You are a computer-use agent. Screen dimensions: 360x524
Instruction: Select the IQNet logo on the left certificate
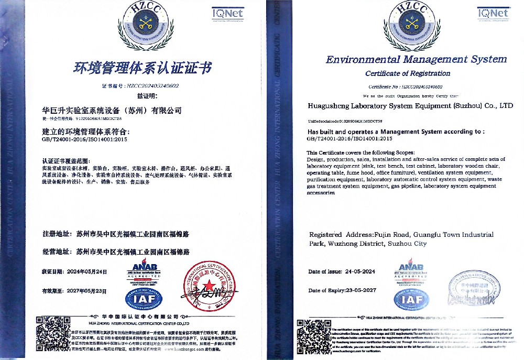tap(227, 13)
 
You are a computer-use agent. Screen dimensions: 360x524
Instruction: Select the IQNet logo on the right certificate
tap(493, 13)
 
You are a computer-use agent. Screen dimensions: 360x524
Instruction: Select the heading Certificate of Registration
tap(408, 73)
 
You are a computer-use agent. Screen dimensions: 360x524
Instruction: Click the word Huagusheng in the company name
tap(330, 106)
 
